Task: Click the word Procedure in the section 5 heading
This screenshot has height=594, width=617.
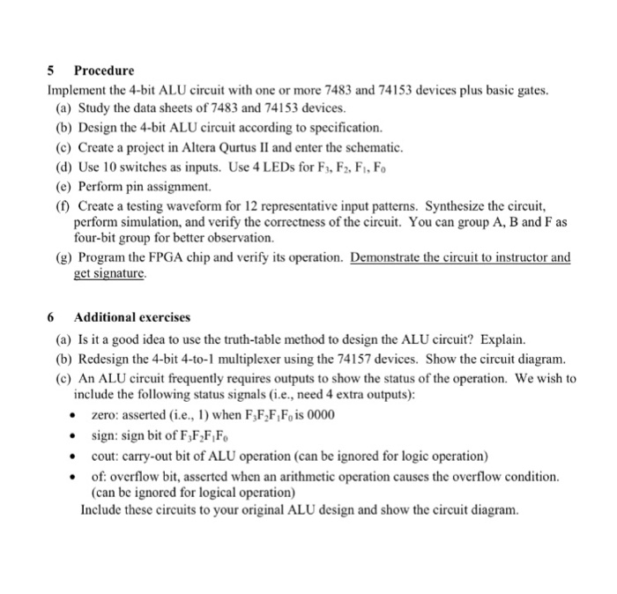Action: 104,70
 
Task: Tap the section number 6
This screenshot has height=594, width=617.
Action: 50,316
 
